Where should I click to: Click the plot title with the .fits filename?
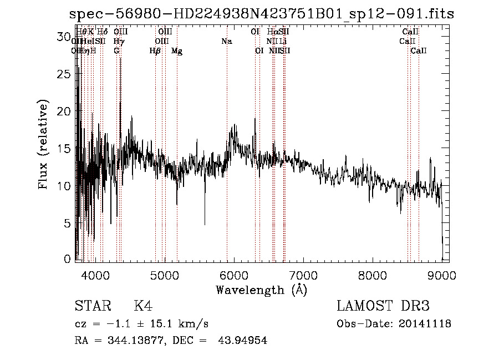[262, 14]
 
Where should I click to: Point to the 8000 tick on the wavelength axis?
[372, 274]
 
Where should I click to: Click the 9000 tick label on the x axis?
[441, 274]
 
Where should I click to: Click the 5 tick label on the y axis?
[68, 223]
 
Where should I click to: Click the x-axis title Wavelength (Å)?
[261, 290]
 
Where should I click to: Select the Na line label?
[226, 42]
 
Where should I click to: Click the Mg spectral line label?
[177, 51]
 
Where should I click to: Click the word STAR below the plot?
[92, 306]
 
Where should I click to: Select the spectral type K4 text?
[143, 306]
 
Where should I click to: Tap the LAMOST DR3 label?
[383, 306]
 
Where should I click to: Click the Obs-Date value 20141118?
[426, 324]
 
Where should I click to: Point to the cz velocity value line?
[141, 324]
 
